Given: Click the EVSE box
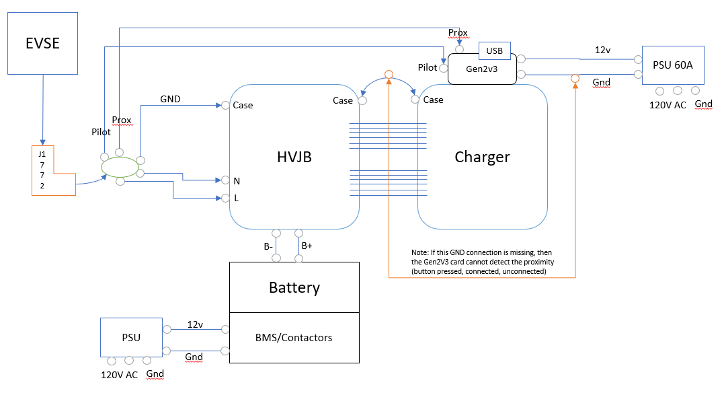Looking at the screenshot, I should coord(43,42).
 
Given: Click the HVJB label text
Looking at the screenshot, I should coord(294,157).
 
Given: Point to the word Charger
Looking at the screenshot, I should coord(482,157).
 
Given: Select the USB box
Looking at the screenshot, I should coord(494,50).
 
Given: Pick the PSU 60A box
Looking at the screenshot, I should coord(672,65).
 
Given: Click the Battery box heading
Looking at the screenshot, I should coord(294,288).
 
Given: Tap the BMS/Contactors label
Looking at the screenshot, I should coord(294,337).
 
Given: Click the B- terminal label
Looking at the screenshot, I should coord(268,247).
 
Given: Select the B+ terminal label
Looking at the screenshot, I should coord(307,246).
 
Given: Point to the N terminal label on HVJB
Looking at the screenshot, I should coord(236,181).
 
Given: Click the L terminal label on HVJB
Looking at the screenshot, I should coord(236,199).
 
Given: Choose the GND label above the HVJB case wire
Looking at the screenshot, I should coord(170,99).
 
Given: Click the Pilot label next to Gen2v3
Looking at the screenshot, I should coord(427,67).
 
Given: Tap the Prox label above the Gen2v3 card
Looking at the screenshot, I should coord(458,32).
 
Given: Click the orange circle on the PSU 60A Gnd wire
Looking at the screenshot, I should coord(575,79).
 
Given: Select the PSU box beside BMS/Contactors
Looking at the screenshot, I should coord(131,337).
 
